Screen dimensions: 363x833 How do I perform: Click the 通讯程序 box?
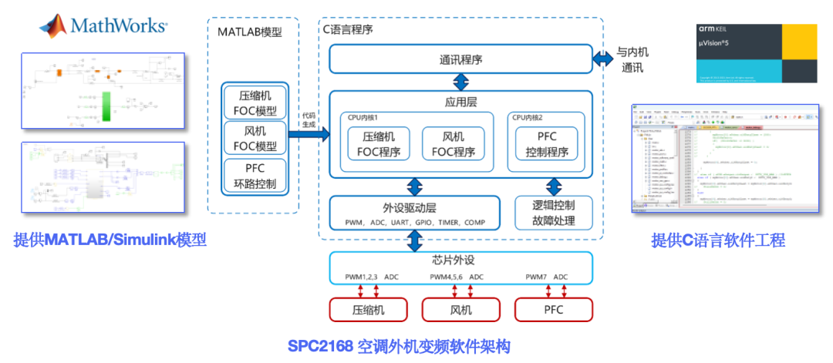460,59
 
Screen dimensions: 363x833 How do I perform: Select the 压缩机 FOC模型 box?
254,103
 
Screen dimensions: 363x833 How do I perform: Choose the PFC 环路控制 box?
254,176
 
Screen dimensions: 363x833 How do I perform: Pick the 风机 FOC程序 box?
454,144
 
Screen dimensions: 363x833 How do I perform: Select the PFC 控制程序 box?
548,144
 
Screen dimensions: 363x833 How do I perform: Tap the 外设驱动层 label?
415,207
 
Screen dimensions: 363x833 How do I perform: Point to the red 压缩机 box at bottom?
368,310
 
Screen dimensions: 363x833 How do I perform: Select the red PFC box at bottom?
553,310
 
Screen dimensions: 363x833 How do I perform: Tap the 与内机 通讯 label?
632,60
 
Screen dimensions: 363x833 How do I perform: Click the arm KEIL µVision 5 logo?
756,52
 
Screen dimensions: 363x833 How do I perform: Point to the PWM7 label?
538,277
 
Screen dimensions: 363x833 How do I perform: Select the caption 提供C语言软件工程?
718,240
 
